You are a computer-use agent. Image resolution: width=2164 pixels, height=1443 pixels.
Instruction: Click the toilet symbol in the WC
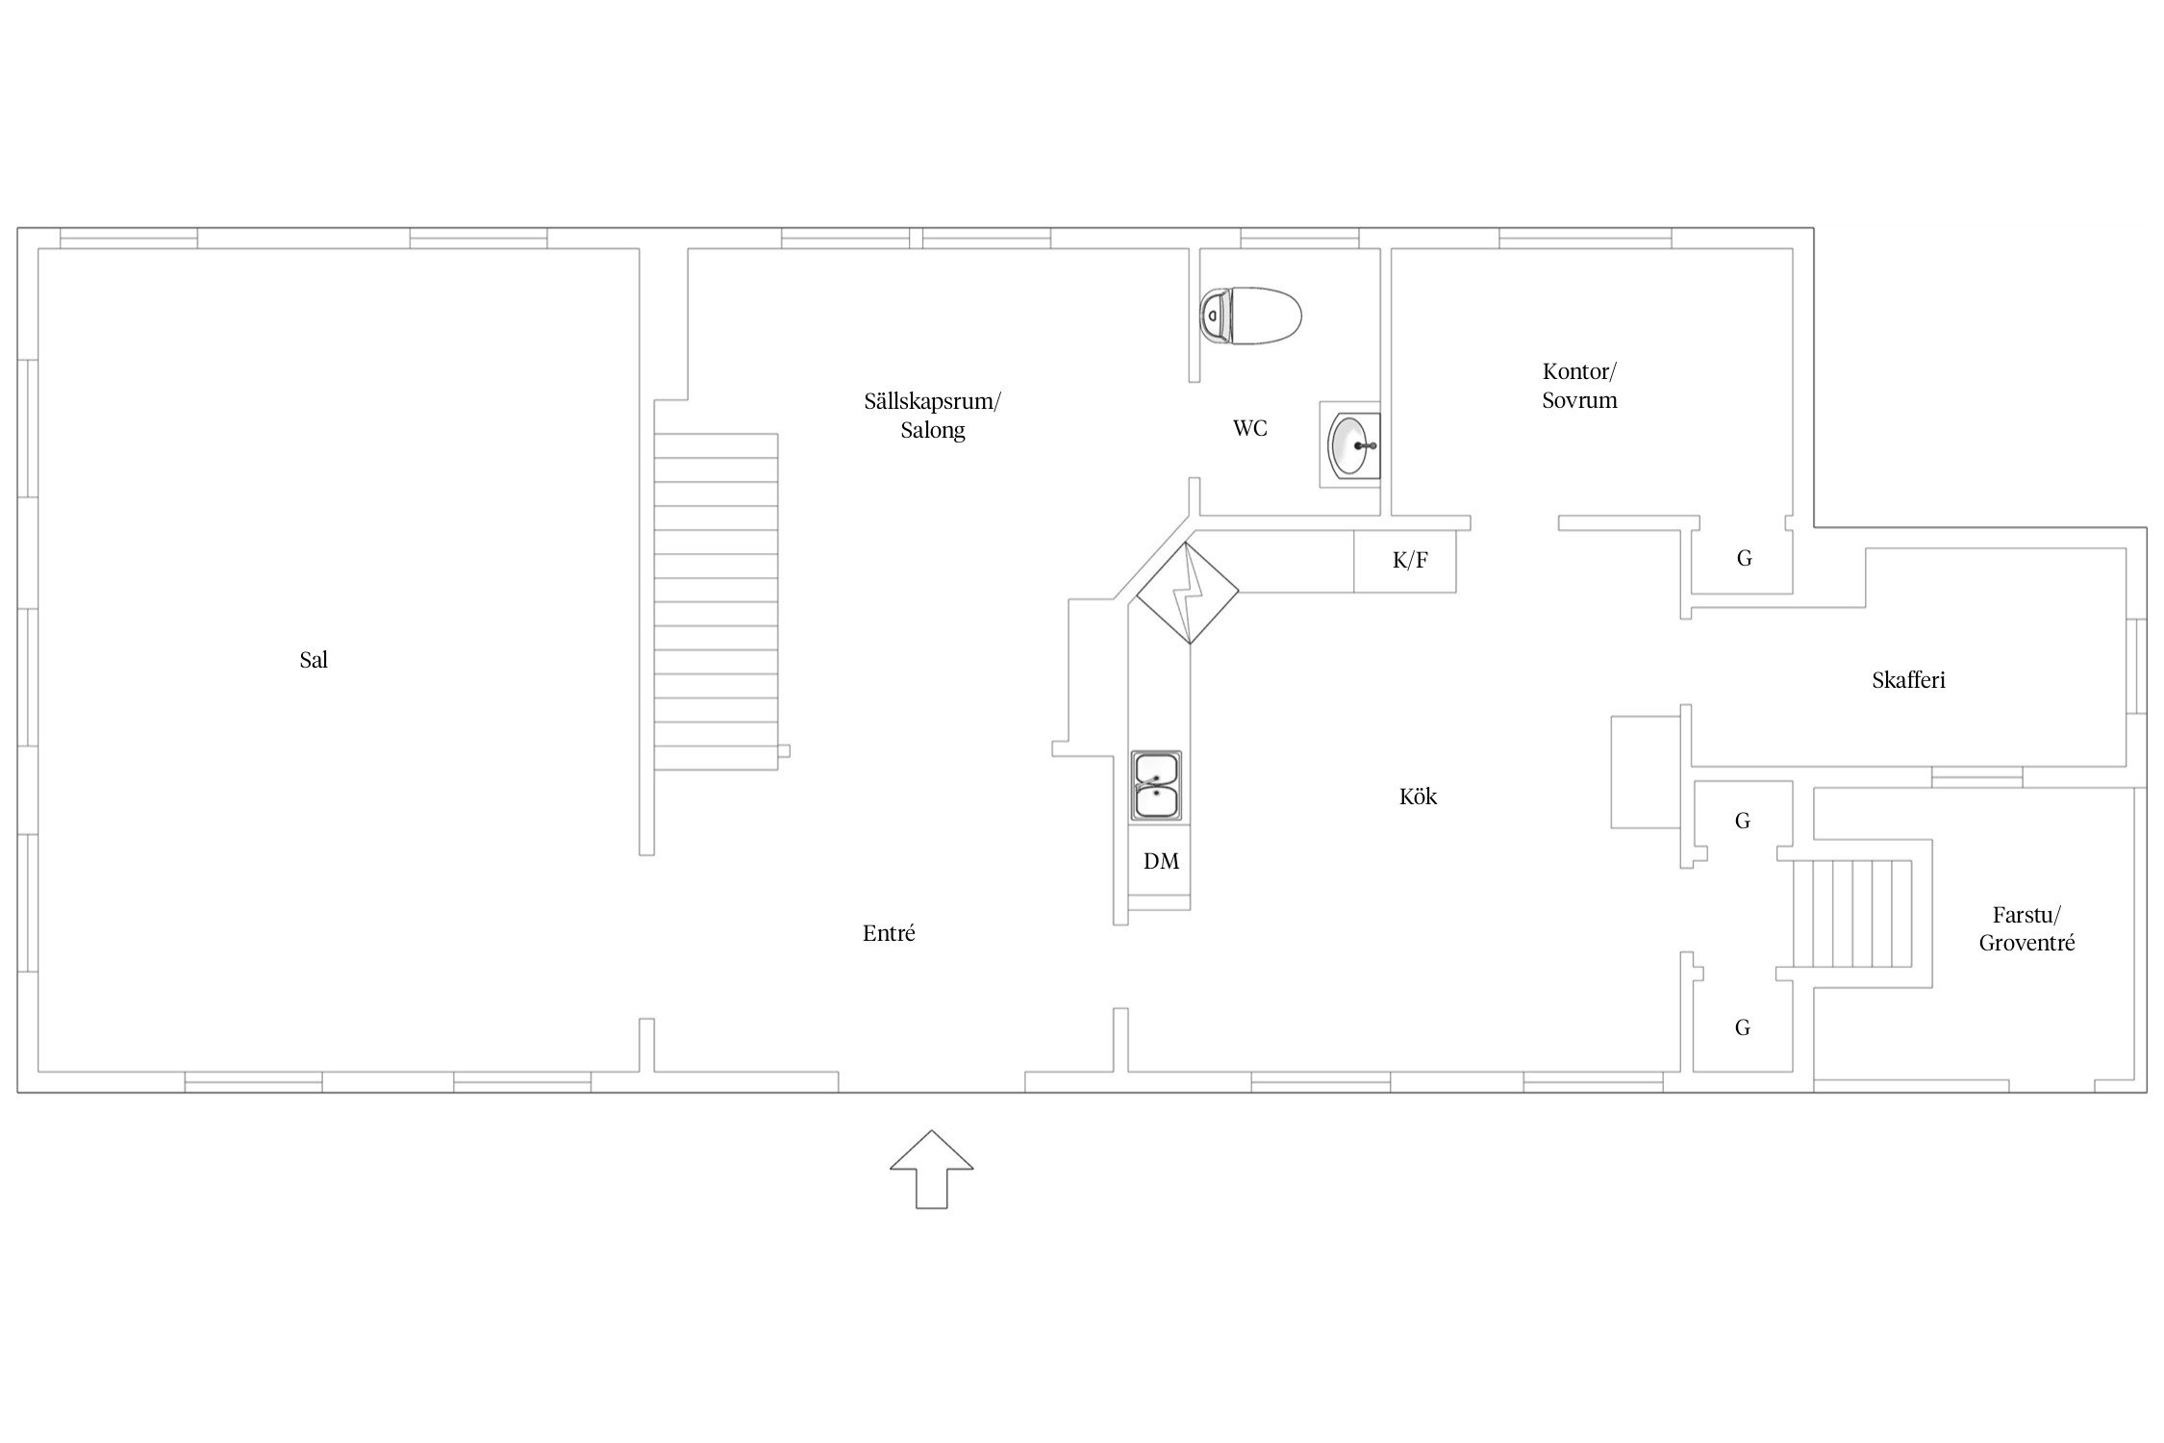[x=1251, y=316]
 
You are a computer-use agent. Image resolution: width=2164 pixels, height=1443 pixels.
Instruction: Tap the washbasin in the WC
[x=1352, y=444]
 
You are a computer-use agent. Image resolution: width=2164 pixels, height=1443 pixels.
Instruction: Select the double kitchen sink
[x=1155, y=786]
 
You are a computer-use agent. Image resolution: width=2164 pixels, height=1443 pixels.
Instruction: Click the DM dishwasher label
[x=1161, y=861]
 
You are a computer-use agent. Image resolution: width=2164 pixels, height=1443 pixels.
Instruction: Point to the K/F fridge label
[x=1410, y=560]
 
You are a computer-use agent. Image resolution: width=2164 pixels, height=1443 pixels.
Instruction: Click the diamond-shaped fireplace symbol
[x=1188, y=594]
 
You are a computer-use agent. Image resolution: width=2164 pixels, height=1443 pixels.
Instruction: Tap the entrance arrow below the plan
[x=931, y=1169]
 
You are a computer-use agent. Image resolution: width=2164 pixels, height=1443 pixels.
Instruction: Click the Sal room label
[x=314, y=660]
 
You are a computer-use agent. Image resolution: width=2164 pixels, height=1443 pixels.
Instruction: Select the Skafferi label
[x=1908, y=680]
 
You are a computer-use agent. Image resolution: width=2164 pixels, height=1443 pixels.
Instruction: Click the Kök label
[x=1418, y=796]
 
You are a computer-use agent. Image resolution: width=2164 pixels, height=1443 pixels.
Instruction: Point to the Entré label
[x=889, y=932]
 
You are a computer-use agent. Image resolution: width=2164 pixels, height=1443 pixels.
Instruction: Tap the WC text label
[x=1250, y=428]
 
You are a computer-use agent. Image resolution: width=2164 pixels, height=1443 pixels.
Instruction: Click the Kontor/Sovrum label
[x=1579, y=386]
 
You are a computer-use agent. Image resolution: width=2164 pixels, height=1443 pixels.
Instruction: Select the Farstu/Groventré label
[x=2026, y=929]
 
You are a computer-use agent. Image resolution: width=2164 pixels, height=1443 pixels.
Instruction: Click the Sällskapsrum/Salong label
[x=932, y=416]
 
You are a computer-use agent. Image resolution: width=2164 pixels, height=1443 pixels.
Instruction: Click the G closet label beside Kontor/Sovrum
[x=1744, y=558]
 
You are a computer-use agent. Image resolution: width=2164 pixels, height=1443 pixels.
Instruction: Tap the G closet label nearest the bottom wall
[x=1742, y=1027]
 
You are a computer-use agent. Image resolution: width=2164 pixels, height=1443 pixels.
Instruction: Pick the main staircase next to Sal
[x=716, y=601]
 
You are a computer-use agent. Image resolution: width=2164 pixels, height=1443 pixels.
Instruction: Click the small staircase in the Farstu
[x=1851, y=913]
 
